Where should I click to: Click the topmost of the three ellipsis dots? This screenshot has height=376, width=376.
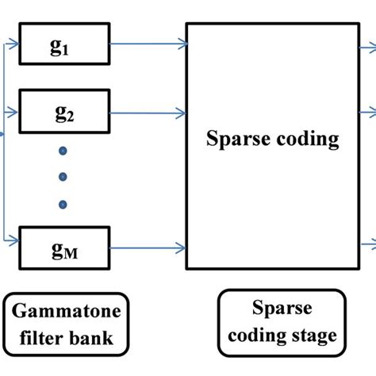point(63,150)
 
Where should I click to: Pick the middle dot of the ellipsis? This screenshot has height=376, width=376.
point(63,177)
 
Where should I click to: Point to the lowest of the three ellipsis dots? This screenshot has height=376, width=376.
point(63,204)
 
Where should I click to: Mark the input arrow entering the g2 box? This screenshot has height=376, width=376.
point(11,112)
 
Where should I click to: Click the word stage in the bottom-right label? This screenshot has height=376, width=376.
point(314,336)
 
